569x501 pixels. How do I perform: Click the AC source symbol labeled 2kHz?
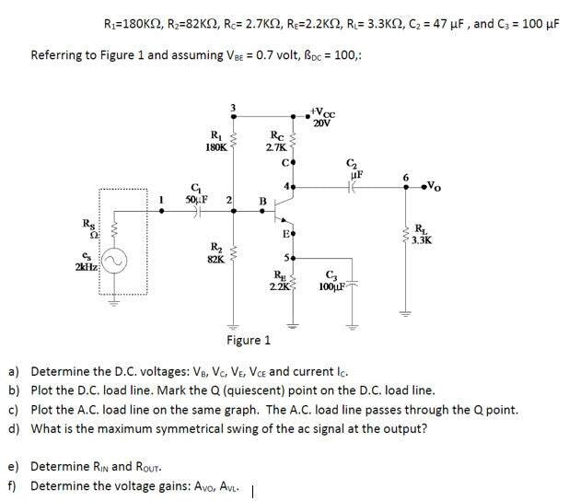tap(114, 262)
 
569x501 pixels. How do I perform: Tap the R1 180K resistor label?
tap(216, 141)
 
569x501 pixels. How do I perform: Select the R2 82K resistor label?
tap(216, 253)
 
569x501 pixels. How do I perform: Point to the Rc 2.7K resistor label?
tap(277, 141)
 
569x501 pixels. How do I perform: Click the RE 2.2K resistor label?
tap(279, 281)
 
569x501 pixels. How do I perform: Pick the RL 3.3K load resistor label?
tap(422, 235)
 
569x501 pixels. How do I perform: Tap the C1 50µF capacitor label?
tap(196, 194)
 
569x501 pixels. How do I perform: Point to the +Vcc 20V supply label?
tap(323, 117)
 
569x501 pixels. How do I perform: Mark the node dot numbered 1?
tap(162, 211)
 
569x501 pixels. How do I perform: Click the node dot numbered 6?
tap(406, 187)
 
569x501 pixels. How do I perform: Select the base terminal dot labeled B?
tap(262, 211)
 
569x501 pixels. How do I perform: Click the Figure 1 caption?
tap(249, 340)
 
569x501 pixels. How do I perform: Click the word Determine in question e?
tap(60, 466)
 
